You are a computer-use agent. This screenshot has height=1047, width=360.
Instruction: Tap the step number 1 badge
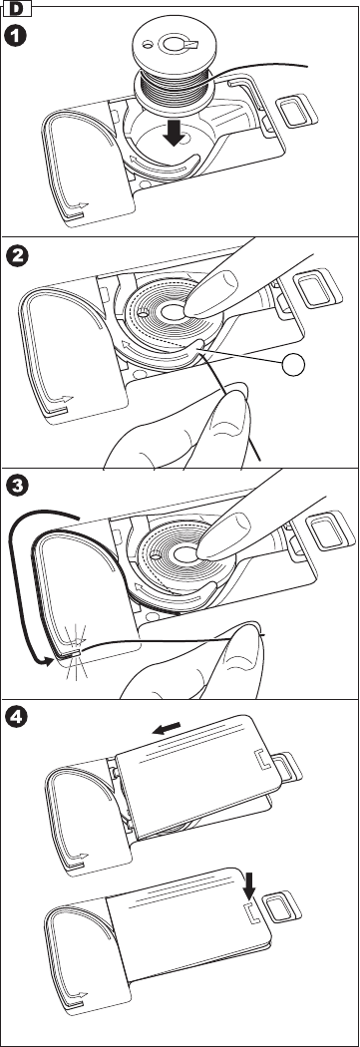click(17, 35)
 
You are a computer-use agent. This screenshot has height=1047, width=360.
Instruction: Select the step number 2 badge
click(17, 257)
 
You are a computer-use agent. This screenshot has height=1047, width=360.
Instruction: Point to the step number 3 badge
click(17, 486)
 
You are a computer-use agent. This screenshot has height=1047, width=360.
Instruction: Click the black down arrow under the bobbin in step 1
click(175, 133)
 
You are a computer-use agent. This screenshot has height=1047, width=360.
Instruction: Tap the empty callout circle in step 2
click(293, 364)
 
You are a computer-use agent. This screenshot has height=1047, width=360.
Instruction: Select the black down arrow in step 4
click(249, 884)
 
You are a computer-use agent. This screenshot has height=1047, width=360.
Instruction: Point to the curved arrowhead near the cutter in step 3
click(44, 662)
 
